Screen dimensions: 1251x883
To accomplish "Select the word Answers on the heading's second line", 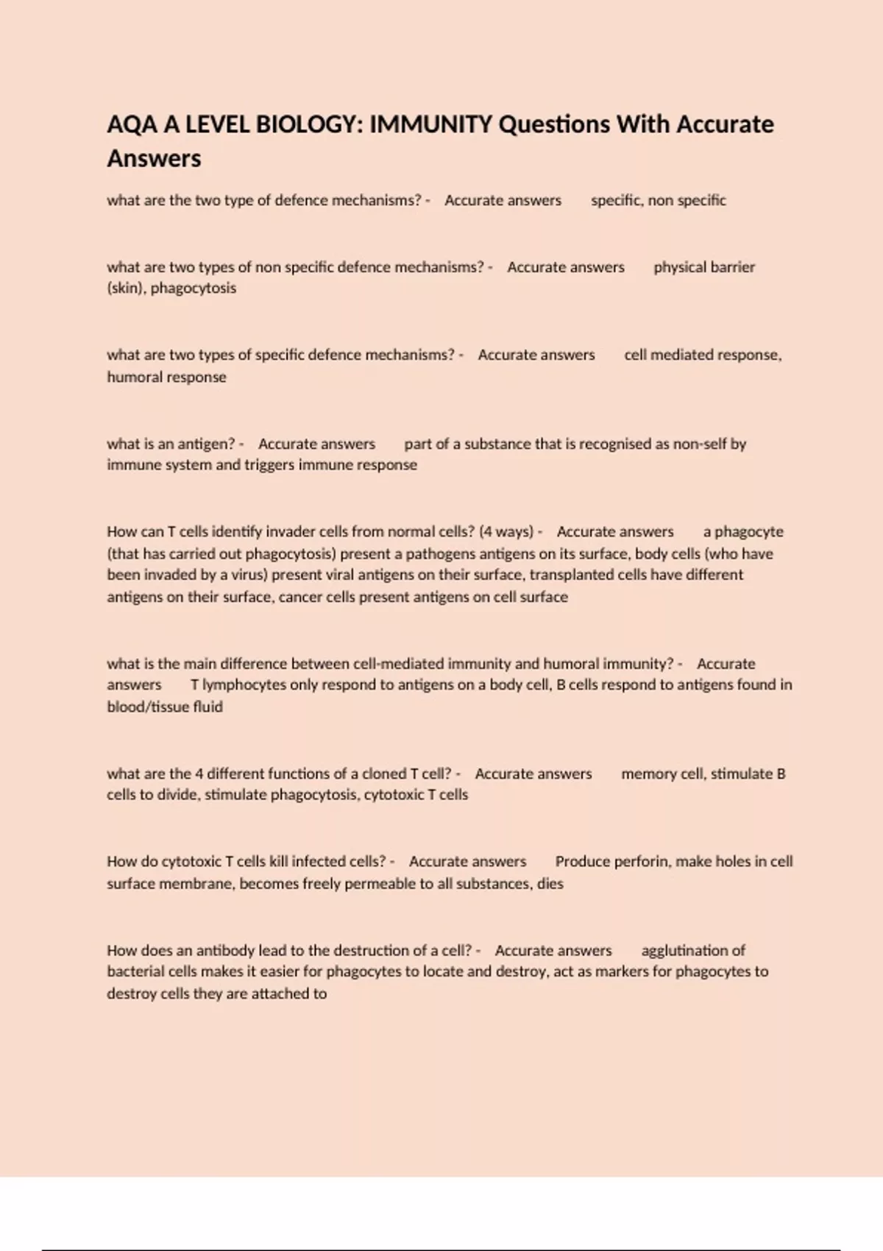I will (x=154, y=158).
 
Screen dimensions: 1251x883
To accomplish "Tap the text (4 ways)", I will (x=506, y=531).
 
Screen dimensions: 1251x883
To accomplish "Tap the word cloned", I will (x=383, y=773).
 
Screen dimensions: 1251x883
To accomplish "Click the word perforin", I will (x=640, y=862).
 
